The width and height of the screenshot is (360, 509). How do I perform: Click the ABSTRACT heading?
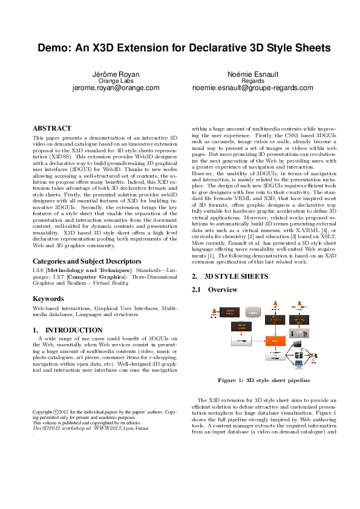click(51, 128)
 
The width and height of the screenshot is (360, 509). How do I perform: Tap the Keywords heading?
click(48, 299)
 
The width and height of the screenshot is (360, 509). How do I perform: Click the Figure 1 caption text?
click(264, 380)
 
